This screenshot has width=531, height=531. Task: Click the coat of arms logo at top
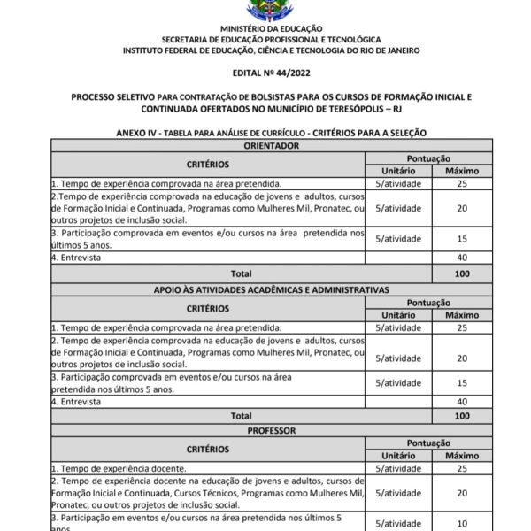(265, 10)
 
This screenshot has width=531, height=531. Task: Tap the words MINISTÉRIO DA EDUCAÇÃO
(265, 29)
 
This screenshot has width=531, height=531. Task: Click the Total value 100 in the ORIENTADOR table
(461, 274)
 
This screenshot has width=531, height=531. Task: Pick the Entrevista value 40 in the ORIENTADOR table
(461, 258)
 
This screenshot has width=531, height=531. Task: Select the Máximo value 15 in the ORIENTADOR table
(461, 239)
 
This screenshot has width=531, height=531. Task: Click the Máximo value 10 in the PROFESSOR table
(461, 524)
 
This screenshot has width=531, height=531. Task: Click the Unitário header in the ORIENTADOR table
(397, 170)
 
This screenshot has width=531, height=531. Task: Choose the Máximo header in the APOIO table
(461, 315)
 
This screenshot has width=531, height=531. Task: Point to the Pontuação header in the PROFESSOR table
(429, 442)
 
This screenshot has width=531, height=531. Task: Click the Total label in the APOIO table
(241, 415)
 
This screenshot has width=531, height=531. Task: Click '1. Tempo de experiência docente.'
(119, 468)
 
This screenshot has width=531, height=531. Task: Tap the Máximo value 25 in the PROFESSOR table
(461, 468)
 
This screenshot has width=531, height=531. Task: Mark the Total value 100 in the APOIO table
(461, 415)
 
